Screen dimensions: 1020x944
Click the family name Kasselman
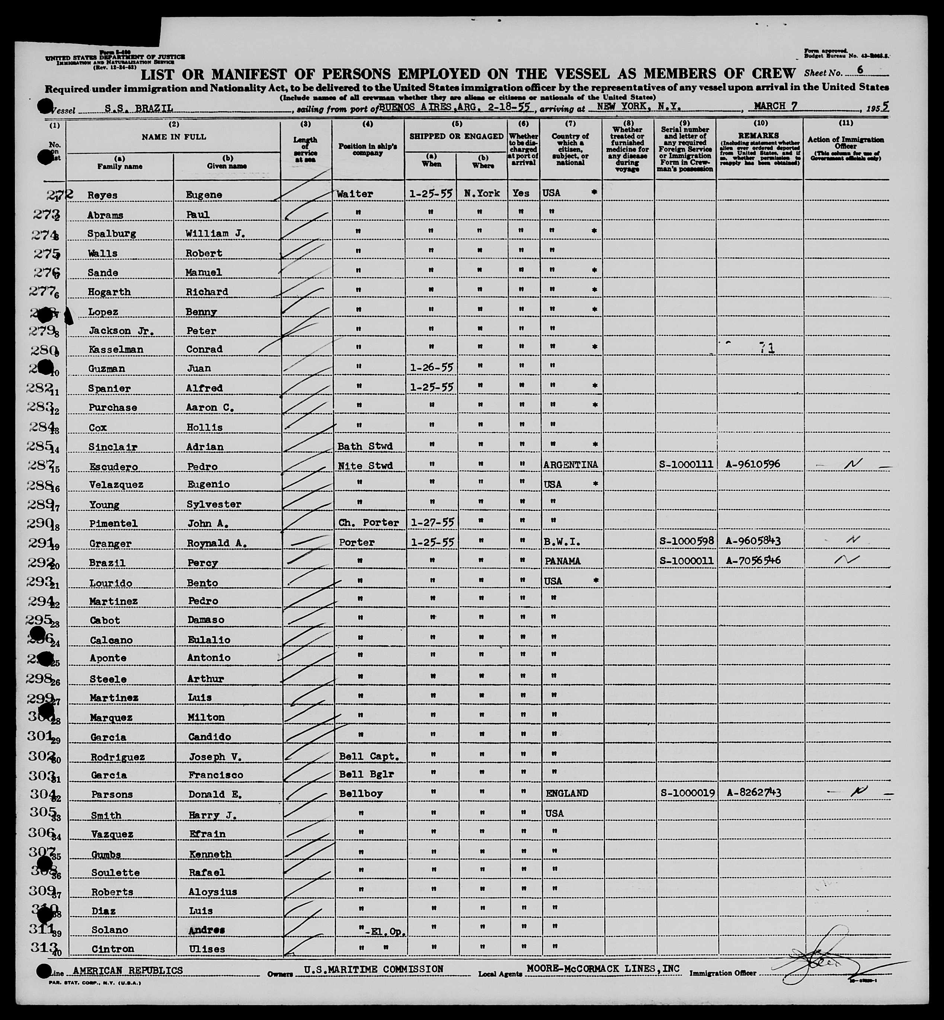115,349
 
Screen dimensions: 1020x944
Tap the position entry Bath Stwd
365,446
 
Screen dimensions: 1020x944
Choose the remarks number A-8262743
753,793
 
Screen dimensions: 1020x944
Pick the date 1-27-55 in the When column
432,522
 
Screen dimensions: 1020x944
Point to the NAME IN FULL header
174,137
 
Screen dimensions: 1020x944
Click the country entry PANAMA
562,561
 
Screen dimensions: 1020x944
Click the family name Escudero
110,466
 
